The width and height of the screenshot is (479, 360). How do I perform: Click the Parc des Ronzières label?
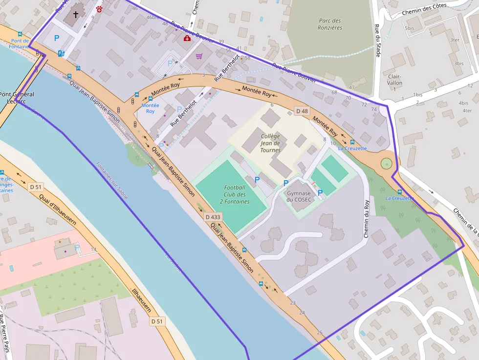click(x=330, y=24)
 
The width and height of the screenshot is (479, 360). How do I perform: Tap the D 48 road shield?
click(x=302, y=111)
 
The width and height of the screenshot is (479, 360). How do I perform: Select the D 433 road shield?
click(x=213, y=216)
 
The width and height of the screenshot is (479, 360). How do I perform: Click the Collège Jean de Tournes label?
click(x=270, y=143)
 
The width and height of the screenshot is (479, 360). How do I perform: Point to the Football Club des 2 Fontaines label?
click(x=235, y=194)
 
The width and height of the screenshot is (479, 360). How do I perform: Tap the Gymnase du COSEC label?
click(x=299, y=196)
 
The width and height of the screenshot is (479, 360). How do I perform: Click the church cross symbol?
click(x=76, y=14)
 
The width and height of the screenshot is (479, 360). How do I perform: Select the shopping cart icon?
click(x=199, y=56)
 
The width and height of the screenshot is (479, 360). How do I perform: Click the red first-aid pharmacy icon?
click(x=187, y=38)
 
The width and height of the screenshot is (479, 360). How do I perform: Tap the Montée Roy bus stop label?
click(x=150, y=108)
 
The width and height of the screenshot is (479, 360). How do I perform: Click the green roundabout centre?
click(x=386, y=164)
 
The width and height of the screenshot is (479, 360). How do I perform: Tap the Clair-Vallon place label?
click(x=394, y=80)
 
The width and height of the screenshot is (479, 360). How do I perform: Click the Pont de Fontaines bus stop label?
click(x=20, y=44)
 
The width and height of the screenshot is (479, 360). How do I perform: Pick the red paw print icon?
click(x=99, y=9)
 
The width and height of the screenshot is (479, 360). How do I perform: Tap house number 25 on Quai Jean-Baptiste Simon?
click(x=320, y=333)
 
